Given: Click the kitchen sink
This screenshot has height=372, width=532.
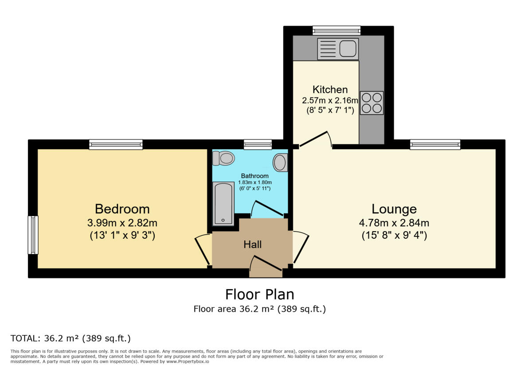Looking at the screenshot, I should coord(338,49).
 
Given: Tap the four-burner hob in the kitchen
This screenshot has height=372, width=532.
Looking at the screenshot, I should coord(372,103).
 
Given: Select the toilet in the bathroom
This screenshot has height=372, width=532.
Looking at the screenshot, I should coord(224,158).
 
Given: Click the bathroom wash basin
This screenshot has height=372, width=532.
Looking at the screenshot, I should coord(280,163).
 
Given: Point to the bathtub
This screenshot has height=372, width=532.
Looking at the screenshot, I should coord(223,204).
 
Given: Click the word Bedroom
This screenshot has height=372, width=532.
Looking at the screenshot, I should coord(122,209).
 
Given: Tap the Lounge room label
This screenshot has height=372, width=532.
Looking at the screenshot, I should coord(394,209).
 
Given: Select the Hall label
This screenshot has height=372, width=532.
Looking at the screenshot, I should coord(252,244).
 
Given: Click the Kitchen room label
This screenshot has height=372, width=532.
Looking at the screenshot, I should coord(330,89).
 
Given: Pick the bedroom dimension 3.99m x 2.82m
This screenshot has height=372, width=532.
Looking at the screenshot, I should coord(122,223).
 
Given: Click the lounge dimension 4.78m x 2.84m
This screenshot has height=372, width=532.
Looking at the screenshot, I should coord(394,223).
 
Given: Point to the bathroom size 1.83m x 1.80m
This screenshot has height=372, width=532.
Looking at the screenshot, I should coord(254,182).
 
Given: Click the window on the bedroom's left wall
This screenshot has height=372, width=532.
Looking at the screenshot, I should coord(33,235).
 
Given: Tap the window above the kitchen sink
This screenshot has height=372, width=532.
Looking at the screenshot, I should coord(336,31).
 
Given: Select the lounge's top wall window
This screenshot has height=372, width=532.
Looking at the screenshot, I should coord(435,144).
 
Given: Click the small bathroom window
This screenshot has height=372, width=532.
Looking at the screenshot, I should coord(258,144).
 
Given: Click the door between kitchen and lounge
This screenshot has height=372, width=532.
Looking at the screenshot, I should coord(316,139).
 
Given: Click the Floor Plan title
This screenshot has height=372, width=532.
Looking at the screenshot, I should coord(259,294).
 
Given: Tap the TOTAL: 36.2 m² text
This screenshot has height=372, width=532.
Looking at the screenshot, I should coord(70,339).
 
